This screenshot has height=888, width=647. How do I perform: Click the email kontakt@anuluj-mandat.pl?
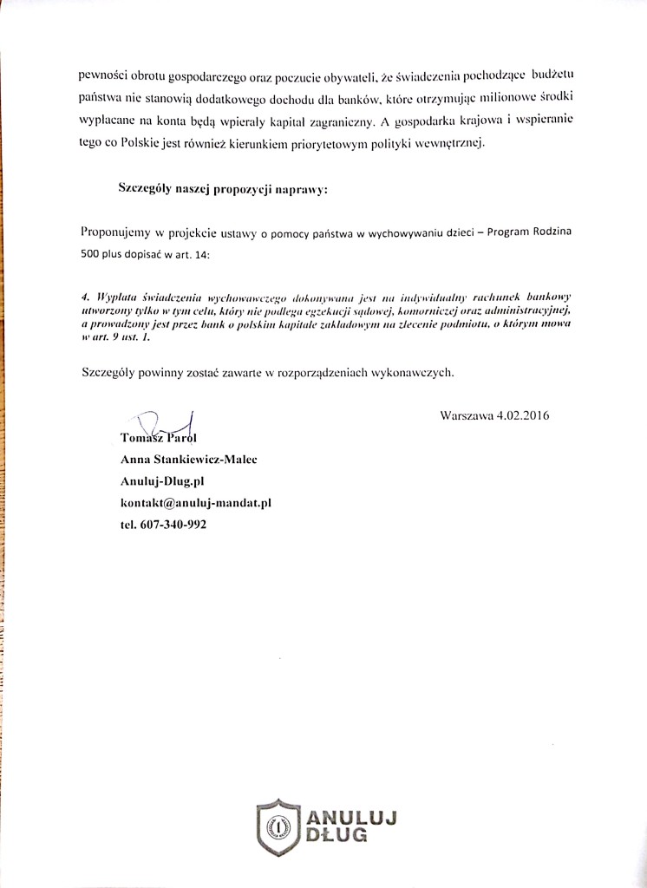click(197, 503)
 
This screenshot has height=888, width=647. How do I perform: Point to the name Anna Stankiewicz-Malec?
click(188, 460)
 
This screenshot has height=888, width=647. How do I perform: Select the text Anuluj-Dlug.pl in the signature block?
click(162, 481)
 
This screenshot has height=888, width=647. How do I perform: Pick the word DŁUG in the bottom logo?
click(337, 836)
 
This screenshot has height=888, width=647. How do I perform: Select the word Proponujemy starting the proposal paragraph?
click(119, 232)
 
